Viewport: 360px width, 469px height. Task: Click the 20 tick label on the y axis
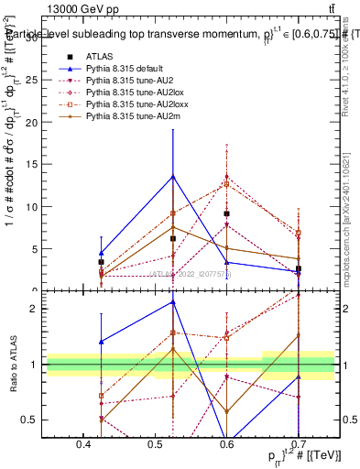34,123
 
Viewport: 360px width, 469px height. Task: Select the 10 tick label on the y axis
34,207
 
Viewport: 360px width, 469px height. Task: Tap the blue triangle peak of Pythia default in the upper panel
173,176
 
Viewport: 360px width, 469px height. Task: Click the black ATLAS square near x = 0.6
226,213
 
